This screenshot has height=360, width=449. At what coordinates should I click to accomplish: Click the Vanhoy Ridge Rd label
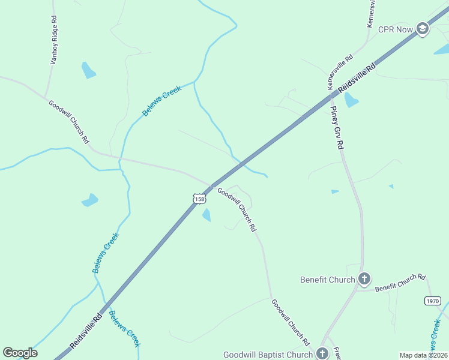tap(53, 40)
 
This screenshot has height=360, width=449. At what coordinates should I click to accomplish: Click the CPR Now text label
tap(394, 29)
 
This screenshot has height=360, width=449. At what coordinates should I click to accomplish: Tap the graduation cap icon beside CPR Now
tap(423, 29)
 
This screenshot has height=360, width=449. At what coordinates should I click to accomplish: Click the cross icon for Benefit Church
tap(364, 279)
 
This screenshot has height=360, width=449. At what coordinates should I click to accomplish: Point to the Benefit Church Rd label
tap(400, 283)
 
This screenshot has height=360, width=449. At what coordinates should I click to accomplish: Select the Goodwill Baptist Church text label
tap(268, 355)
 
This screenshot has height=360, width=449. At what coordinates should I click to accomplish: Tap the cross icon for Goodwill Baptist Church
tap(322, 354)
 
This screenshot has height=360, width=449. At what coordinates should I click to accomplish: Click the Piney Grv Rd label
tap(337, 128)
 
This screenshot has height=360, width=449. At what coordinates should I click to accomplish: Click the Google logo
tap(20, 353)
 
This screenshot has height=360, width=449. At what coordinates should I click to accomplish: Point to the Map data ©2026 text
tap(423, 355)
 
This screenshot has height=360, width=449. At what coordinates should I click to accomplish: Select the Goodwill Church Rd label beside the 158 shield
tap(237, 210)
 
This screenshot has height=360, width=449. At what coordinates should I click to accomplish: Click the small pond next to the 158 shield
tap(206, 215)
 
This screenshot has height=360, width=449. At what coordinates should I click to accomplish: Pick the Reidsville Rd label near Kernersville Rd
tap(357, 78)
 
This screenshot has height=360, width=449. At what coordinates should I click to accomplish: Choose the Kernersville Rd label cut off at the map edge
tap(372, 13)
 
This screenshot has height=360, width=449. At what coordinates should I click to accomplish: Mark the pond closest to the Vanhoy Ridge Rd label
tap(89, 70)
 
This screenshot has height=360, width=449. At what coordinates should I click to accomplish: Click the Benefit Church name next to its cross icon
tap(328, 280)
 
